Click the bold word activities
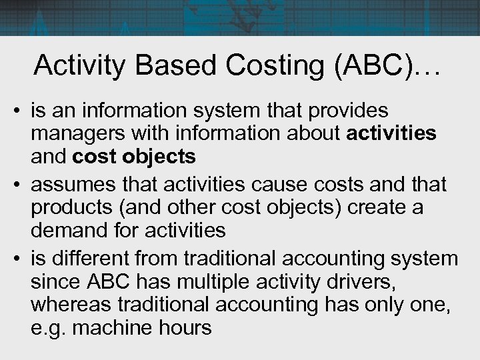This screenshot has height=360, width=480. coord(392,133)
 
